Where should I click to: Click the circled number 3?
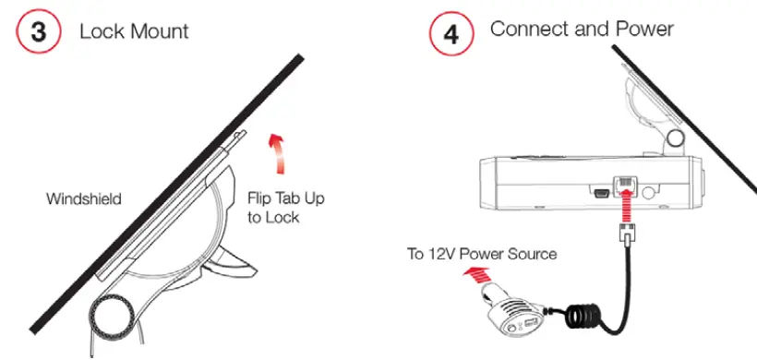[x=38, y=31]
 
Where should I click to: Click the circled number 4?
[x=451, y=34]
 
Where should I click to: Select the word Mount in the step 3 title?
[x=158, y=31]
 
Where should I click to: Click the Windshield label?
[x=84, y=198]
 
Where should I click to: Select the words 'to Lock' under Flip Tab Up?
[x=275, y=220]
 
